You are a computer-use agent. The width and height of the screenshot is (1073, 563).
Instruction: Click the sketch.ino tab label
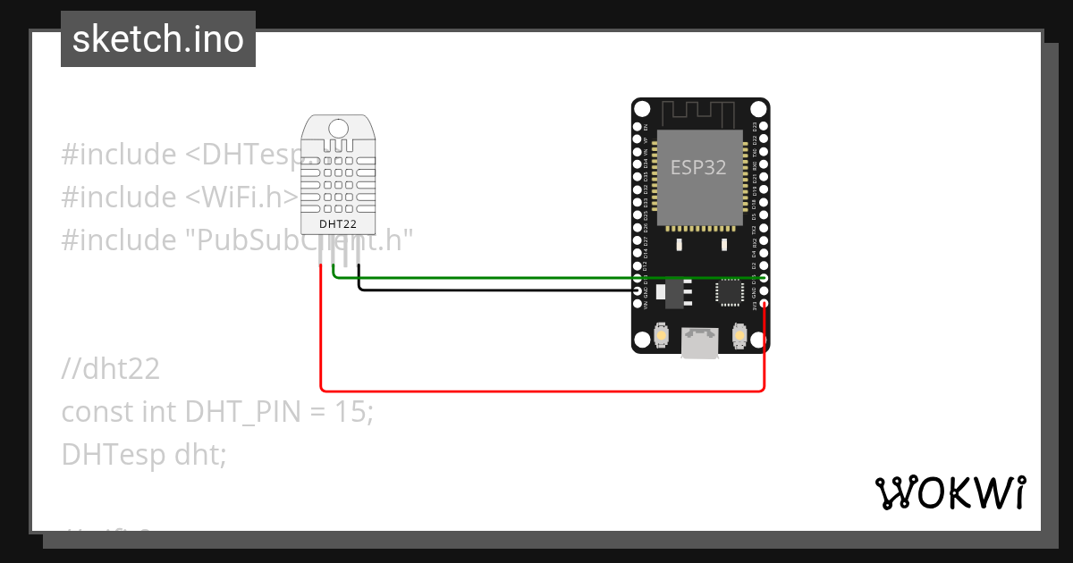point(158,39)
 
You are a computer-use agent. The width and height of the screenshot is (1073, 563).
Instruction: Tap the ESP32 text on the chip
point(698,167)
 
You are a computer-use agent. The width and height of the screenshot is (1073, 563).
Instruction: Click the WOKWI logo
point(950,492)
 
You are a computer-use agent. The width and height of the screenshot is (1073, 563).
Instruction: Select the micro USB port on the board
point(699,341)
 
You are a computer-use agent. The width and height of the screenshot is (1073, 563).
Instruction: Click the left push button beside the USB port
point(662,334)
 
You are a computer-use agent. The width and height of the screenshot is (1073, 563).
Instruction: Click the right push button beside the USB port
point(739,334)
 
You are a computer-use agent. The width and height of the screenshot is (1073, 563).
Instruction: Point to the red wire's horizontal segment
point(536,390)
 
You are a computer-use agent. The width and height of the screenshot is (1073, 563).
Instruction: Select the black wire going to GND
point(492,290)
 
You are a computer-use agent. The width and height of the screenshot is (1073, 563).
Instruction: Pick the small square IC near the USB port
point(729,291)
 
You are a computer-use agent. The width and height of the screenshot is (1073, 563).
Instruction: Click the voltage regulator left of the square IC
point(678,290)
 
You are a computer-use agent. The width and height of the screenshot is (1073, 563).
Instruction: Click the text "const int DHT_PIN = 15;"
point(217,412)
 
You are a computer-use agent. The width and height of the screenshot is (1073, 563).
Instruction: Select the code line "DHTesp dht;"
point(144,455)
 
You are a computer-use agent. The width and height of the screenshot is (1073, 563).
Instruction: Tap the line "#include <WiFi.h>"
point(179,197)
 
